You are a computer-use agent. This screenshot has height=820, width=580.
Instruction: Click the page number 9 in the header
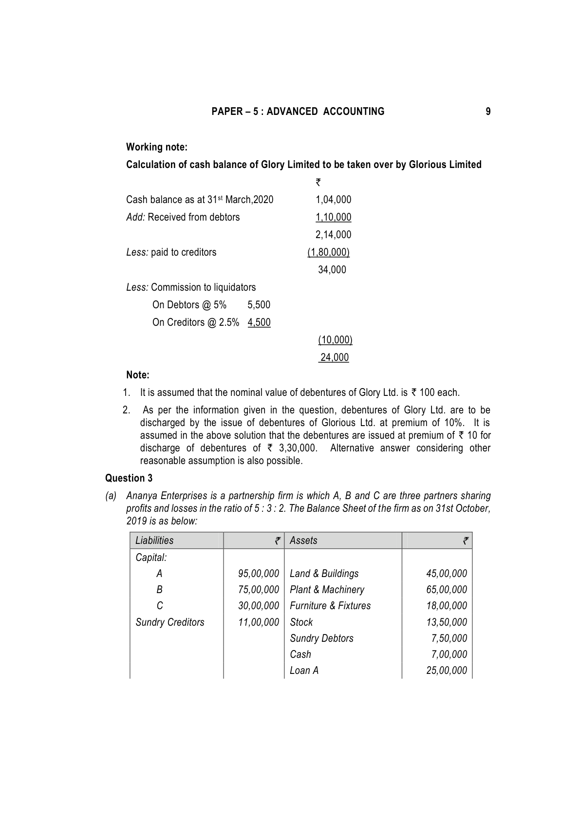(488, 112)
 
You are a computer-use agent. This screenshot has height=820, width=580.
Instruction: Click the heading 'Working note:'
(156, 147)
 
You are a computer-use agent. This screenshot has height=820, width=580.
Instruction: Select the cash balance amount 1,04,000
(333, 200)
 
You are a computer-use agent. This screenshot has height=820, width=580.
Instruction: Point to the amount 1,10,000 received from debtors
(333, 217)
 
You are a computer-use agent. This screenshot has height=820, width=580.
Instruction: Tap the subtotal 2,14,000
(333, 235)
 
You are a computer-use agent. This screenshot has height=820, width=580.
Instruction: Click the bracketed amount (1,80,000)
(328, 252)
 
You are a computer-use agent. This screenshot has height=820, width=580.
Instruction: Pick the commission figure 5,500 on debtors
(259, 305)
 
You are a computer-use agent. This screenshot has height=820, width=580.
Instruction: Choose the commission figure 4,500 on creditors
(259, 322)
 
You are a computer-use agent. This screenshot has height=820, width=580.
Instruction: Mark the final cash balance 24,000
(334, 357)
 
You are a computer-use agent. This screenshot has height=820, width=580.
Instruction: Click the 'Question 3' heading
(129, 478)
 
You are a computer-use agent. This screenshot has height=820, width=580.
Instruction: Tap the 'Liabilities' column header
(154, 540)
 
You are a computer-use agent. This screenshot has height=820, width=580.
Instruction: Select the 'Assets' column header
(303, 540)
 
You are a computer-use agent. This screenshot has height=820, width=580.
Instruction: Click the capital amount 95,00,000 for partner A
(258, 574)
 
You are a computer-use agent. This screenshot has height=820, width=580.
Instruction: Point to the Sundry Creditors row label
(170, 622)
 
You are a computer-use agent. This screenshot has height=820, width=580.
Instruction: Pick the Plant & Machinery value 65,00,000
(446, 590)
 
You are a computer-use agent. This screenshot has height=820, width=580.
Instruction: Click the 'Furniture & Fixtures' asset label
(330, 606)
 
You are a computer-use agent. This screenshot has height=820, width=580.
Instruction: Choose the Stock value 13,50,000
(446, 622)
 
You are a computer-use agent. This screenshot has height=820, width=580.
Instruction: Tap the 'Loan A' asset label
(304, 671)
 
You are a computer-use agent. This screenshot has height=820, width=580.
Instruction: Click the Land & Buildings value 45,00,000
(446, 574)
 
